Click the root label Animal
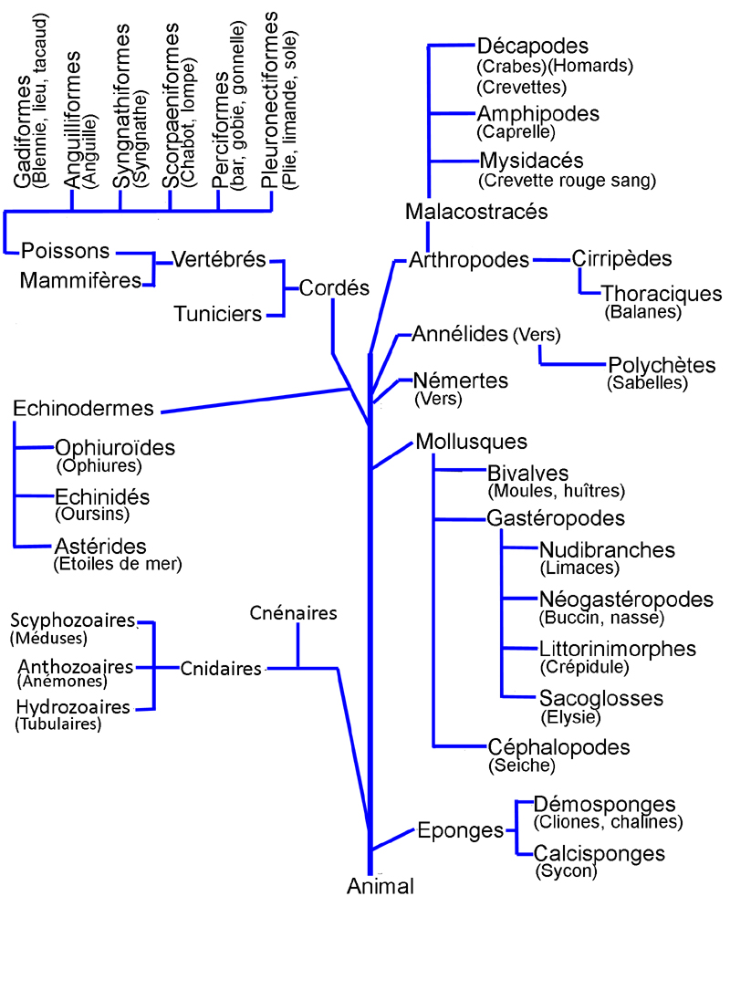(x=381, y=886)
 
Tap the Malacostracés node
(x=476, y=212)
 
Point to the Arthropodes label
(x=469, y=260)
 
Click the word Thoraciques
(x=662, y=294)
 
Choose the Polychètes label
(x=662, y=365)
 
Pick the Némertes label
(x=460, y=380)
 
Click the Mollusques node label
(x=471, y=442)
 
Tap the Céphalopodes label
(x=558, y=747)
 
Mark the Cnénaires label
(x=294, y=612)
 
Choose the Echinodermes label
(x=84, y=408)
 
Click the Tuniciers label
(x=218, y=315)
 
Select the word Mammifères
(x=80, y=279)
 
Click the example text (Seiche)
(x=522, y=765)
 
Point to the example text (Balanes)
(x=643, y=312)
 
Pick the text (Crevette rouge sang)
(x=567, y=181)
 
